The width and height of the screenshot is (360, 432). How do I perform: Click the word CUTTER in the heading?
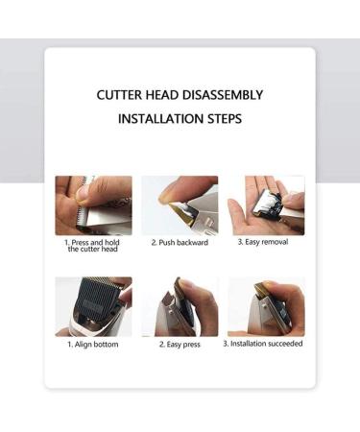pyautogui.click(x=119, y=95)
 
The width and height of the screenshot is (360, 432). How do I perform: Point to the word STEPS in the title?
pyautogui.click(x=225, y=119)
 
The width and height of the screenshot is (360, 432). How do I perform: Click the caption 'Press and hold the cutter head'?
pyautogui.click(x=92, y=246)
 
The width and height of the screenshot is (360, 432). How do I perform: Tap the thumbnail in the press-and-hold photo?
pyautogui.click(x=84, y=193)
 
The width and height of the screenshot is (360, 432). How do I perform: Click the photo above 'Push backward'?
pyautogui.click(x=180, y=205)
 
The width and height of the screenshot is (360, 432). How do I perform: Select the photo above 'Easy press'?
pyautogui.click(x=180, y=306)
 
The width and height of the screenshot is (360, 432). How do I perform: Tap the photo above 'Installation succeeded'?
pyautogui.click(x=266, y=306)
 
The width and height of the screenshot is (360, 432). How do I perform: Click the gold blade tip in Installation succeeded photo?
pyautogui.click(x=261, y=289)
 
